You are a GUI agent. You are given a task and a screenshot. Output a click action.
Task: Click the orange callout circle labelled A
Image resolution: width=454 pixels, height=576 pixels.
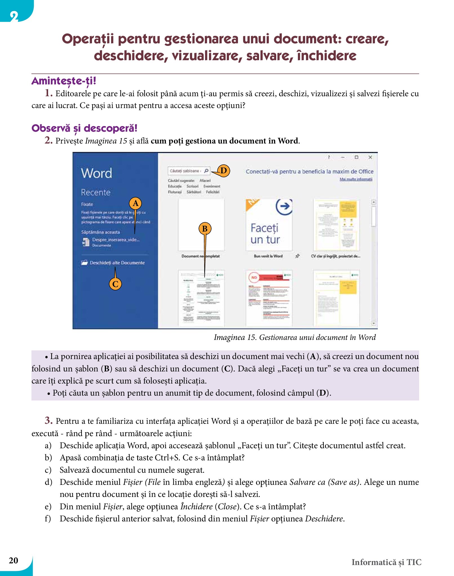click(135, 203)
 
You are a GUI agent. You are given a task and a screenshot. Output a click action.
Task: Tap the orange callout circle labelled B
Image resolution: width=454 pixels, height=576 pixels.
click(205, 228)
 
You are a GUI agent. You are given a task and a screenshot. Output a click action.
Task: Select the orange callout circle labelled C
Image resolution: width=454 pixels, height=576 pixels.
click(115, 284)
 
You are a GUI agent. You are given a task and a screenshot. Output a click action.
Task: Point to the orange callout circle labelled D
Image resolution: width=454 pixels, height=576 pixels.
click(224, 171)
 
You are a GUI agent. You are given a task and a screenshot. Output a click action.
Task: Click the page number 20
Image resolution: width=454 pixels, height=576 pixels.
click(14, 560)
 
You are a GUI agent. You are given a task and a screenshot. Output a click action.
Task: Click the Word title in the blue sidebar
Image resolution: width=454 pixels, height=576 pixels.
click(96, 173)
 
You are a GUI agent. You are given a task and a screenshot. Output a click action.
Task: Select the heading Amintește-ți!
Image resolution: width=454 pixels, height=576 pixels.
click(64, 81)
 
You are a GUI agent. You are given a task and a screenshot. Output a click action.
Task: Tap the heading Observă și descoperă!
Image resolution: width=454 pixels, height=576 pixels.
click(84, 128)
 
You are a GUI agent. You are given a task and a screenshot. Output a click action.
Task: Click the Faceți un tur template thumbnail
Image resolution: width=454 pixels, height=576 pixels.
click(269, 225)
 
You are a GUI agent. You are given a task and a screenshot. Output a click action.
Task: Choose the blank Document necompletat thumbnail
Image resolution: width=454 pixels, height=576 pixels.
click(201, 225)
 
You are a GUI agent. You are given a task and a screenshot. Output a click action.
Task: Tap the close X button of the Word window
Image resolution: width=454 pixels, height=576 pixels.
click(370, 157)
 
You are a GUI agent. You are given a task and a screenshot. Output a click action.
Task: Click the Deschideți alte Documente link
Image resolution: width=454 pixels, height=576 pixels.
click(117, 263)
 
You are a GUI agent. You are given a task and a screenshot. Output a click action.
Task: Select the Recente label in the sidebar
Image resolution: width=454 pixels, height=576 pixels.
click(96, 192)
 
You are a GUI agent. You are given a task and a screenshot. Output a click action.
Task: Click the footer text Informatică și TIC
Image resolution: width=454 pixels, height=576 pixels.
click(386, 562)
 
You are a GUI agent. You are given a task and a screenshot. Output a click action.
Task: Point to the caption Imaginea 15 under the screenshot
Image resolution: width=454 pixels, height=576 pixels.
click(295, 337)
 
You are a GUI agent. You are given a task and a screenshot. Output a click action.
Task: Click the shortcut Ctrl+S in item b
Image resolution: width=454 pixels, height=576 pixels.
click(167, 458)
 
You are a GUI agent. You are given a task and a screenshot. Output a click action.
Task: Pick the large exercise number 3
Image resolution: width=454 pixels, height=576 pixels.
click(48, 420)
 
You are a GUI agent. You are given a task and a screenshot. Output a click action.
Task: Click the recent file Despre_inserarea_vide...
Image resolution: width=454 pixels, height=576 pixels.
click(115, 240)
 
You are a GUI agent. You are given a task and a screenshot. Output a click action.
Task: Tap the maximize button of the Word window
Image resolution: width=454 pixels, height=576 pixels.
click(356, 157)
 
